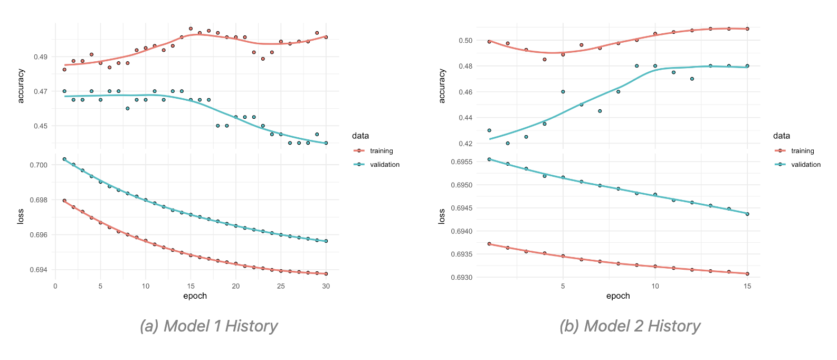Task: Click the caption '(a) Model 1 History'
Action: tap(209, 326)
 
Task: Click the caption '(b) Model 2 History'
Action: tap(630, 326)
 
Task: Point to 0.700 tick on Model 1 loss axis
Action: tap(39, 165)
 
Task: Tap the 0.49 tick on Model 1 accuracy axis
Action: tap(41, 57)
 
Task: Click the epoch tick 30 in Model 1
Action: tap(326, 286)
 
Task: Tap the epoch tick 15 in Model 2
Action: tap(747, 286)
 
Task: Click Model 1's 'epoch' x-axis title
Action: tap(195, 296)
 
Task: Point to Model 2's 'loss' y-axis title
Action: tap(442, 216)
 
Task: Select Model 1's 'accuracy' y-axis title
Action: tap(21, 86)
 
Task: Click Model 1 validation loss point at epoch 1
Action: tap(64, 159)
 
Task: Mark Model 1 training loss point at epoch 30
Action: tap(326, 273)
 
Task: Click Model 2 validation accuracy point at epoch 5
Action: tap(563, 92)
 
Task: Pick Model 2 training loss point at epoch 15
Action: tap(747, 273)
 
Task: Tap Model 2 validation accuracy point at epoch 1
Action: tap(489, 130)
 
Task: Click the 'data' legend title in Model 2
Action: tap(782, 136)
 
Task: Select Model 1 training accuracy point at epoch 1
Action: tap(64, 70)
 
